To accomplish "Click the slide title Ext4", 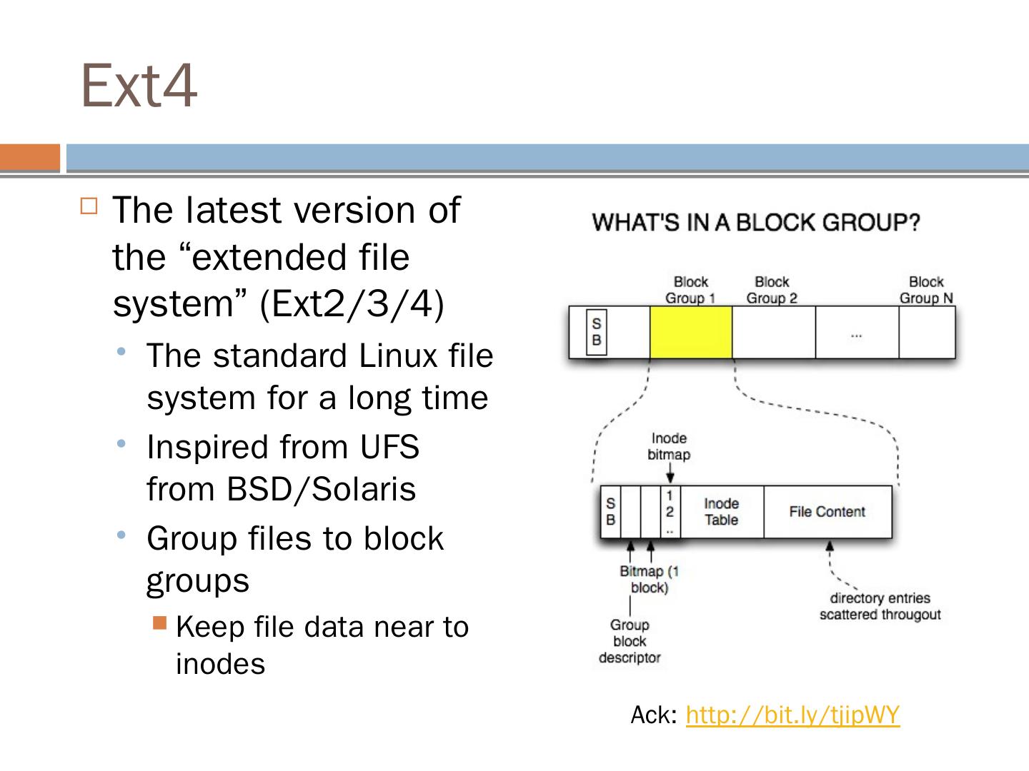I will pyautogui.click(x=139, y=86).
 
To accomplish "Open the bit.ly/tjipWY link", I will pyautogui.click(x=792, y=715).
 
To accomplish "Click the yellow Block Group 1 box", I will pyautogui.click(x=691, y=332).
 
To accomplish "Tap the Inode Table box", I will pyautogui.click(x=721, y=512).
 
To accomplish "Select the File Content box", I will pyautogui.click(x=827, y=512).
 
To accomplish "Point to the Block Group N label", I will pyautogui.click(x=926, y=290).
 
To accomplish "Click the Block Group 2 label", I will pyautogui.click(x=772, y=290).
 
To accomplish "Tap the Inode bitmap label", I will pyautogui.click(x=669, y=446).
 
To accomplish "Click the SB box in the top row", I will pyautogui.click(x=596, y=332).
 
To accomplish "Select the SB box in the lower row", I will pyautogui.click(x=610, y=512).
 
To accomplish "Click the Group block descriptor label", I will pyautogui.click(x=629, y=641).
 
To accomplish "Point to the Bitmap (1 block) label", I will pyautogui.click(x=649, y=579).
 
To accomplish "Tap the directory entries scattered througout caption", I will pyautogui.click(x=880, y=606).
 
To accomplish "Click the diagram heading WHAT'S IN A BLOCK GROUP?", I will pyautogui.click(x=755, y=223).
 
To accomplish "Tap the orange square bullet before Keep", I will pyautogui.click(x=159, y=623).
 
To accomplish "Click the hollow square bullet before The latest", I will pyautogui.click(x=89, y=207).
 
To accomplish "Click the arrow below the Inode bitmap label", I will pyautogui.click(x=670, y=474).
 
